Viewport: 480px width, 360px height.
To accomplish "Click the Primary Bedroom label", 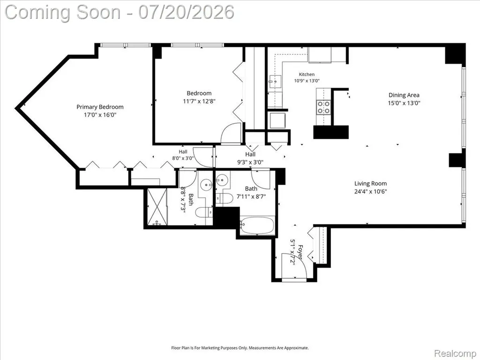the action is (x=100, y=107).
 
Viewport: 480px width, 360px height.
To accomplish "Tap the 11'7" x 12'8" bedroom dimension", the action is (x=199, y=101).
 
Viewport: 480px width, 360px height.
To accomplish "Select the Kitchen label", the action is (x=307, y=75).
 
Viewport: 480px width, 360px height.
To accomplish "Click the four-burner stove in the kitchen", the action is (x=323, y=107).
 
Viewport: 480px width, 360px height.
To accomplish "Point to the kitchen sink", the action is (x=275, y=82).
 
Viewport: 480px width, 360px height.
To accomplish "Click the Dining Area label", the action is (x=404, y=95).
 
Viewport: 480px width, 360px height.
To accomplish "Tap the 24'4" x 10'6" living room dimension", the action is (x=370, y=192).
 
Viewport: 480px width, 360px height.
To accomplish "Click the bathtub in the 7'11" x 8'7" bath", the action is (x=257, y=225).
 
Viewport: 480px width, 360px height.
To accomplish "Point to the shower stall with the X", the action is (x=157, y=207).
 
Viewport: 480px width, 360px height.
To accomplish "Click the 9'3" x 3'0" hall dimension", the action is (x=250, y=162).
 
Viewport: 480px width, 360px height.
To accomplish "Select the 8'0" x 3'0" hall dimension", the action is (x=183, y=158).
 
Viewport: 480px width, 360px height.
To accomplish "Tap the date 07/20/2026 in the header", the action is (x=186, y=12).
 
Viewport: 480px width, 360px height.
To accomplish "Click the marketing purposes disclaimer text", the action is (x=240, y=348).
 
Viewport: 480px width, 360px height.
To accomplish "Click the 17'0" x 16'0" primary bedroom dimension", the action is (x=100, y=115).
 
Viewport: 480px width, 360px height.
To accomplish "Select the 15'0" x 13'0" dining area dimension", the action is (x=404, y=103).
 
